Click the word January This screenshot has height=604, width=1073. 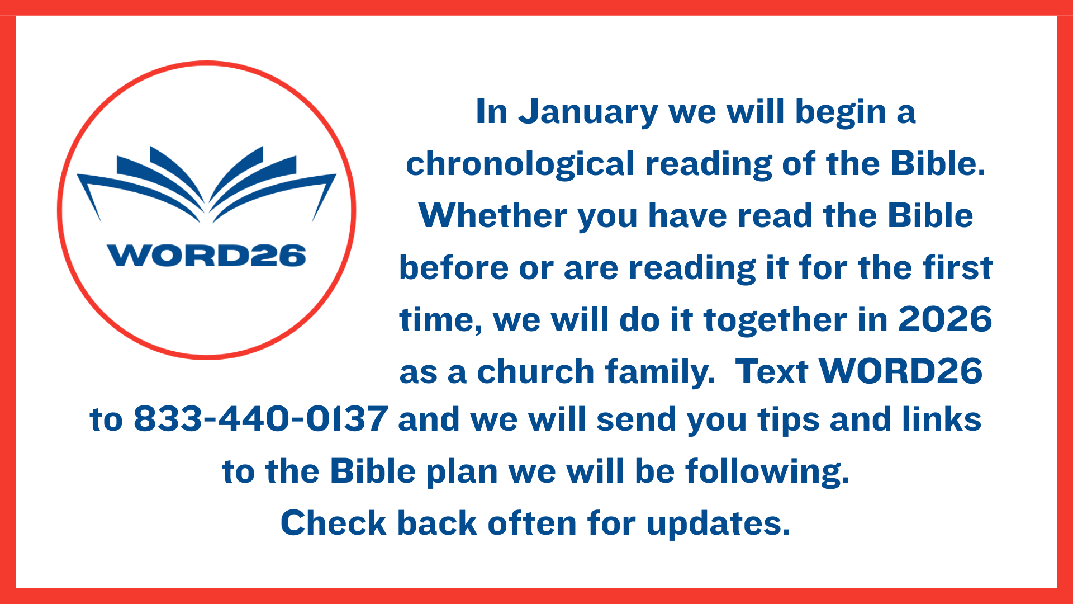point(588,112)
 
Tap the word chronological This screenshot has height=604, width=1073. point(520,164)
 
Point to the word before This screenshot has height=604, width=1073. point(453,267)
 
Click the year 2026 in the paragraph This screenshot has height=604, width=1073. point(945,319)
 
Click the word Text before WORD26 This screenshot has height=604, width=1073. point(771,371)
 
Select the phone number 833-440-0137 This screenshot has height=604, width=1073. point(261,419)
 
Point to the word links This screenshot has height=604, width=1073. point(942,419)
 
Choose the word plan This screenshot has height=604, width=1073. point(462,472)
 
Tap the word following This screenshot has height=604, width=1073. point(767,472)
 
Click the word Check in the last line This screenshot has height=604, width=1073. point(334,523)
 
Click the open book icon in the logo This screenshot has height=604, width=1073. point(206,185)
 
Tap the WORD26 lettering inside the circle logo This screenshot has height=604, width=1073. point(206,256)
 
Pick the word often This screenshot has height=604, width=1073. point(532,523)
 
